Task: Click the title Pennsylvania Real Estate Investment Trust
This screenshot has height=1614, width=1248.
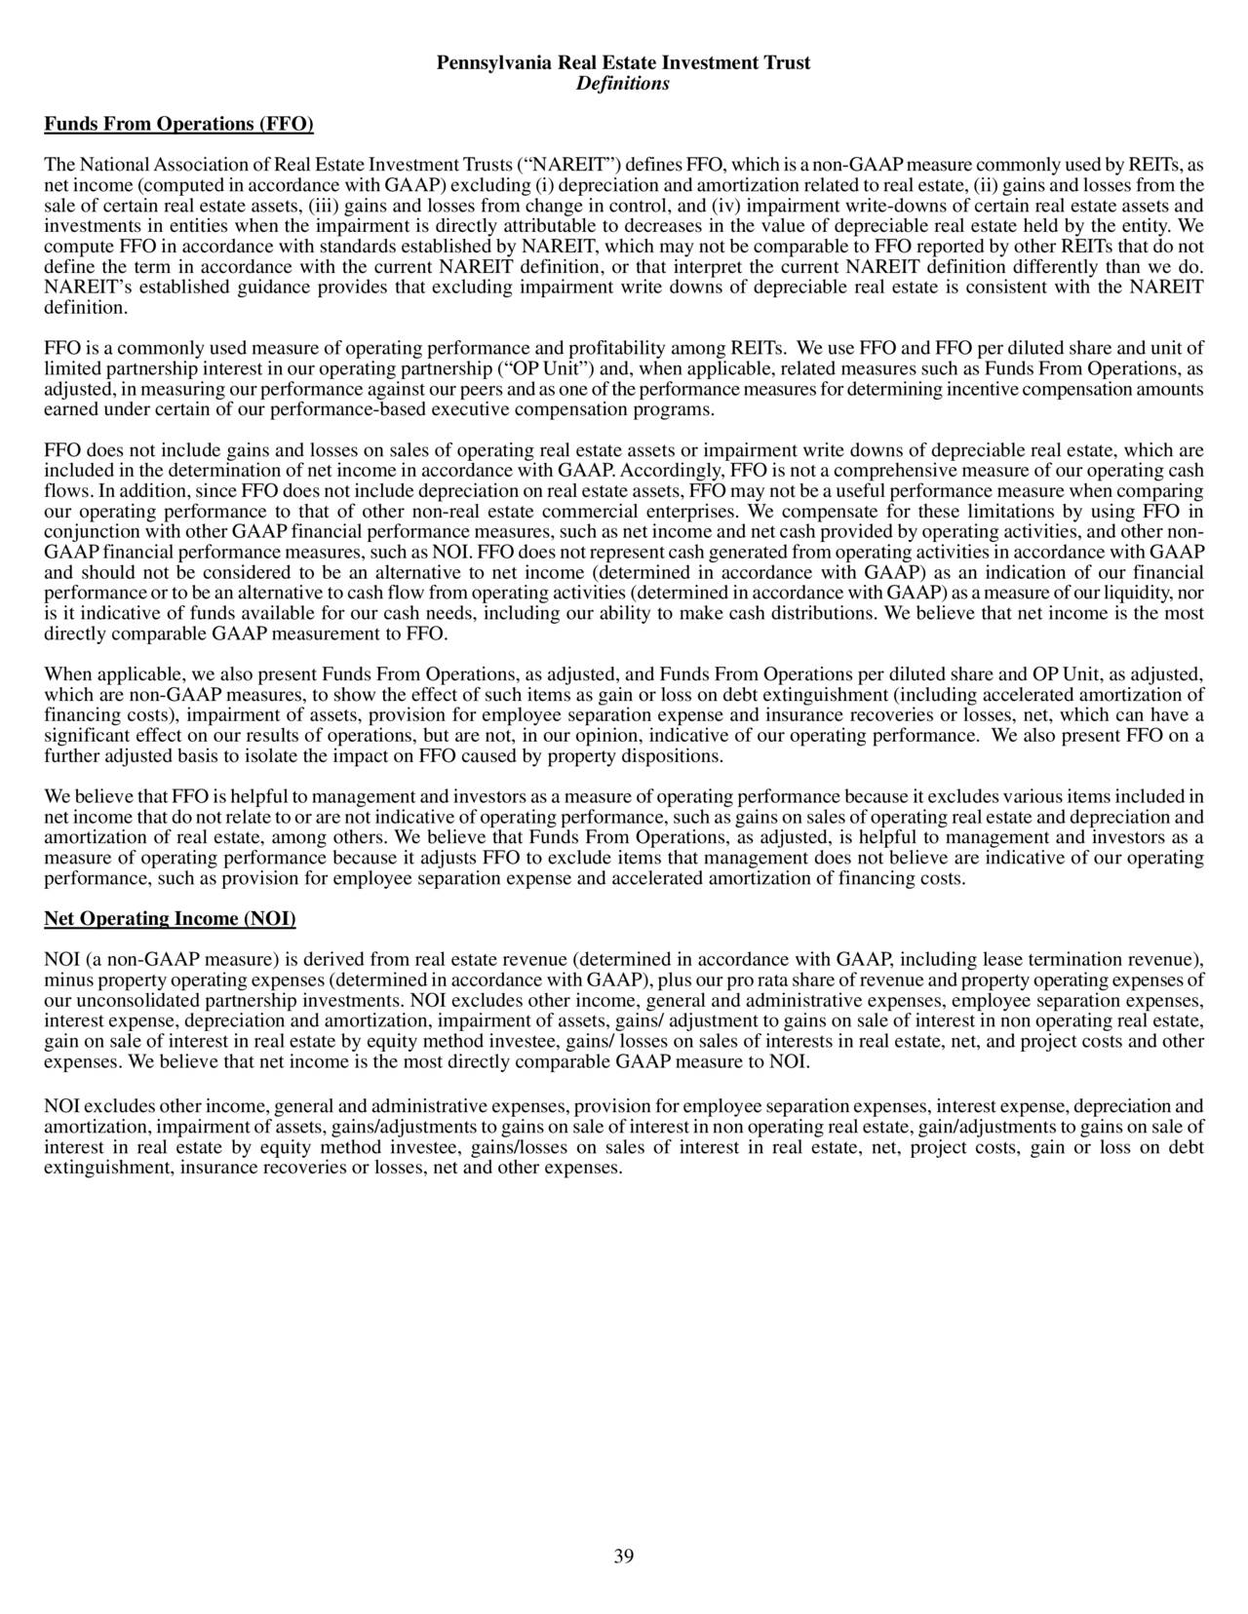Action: pyautogui.click(x=623, y=63)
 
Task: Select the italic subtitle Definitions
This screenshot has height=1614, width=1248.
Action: pyautogui.click(x=623, y=84)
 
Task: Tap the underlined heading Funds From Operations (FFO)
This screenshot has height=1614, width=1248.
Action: pyautogui.click(x=179, y=124)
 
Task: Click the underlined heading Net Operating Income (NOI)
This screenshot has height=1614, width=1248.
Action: pyautogui.click(x=171, y=919)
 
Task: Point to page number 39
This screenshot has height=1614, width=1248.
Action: pyautogui.click(x=624, y=1556)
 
